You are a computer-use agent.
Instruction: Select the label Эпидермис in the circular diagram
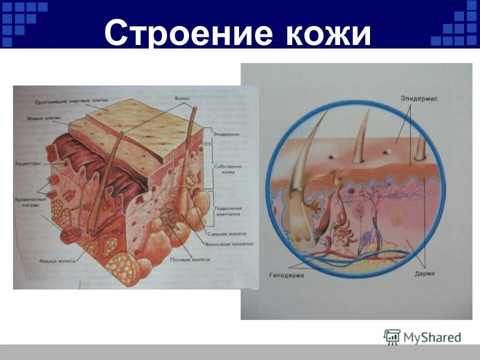coord(418,98)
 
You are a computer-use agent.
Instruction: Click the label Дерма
coord(424,273)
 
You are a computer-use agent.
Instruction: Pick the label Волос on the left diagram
coord(182,99)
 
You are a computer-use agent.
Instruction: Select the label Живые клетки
coord(44,118)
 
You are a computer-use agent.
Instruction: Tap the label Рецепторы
coord(28,163)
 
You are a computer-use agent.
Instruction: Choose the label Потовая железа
coord(190,259)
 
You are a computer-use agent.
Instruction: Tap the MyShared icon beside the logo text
coord(392,337)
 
